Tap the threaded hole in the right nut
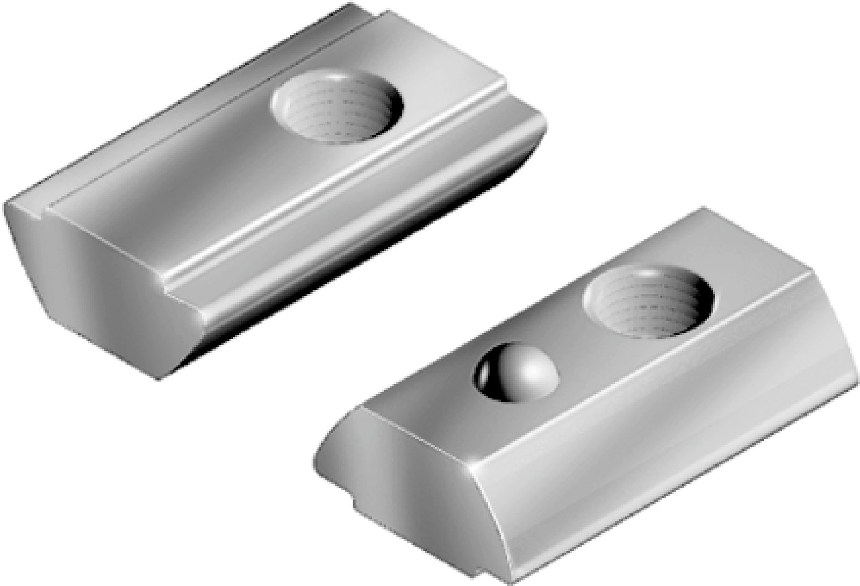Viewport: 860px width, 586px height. (x=651, y=308)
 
